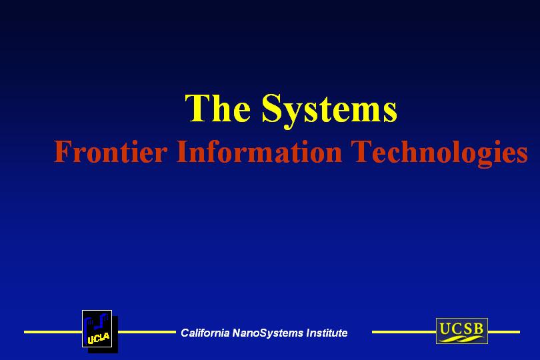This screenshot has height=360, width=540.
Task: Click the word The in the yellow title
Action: pyautogui.click(x=217, y=108)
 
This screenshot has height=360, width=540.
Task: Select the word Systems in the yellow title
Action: pyautogui.click(x=329, y=111)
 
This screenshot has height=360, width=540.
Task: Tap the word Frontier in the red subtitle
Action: pyautogui.click(x=111, y=151)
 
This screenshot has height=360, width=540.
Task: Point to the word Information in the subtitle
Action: pyautogui.click(x=259, y=151)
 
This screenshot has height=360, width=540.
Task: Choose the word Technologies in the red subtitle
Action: pyautogui.click(x=439, y=153)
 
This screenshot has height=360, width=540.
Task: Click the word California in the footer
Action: pyautogui.click(x=205, y=333)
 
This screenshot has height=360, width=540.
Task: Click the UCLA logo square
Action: pyautogui.click(x=97, y=329)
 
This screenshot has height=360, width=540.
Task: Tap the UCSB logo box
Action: pyautogui.click(x=462, y=331)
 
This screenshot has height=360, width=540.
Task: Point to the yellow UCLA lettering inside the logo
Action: pyautogui.click(x=99, y=339)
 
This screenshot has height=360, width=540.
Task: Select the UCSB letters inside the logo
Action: pyautogui.click(x=461, y=328)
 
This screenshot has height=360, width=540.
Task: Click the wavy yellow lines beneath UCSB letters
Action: pyautogui.click(x=461, y=339)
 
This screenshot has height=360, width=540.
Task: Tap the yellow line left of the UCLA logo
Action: pyautogui.click(x=53, y=332)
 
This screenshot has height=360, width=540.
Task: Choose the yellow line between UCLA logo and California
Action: pyautogui.click(x=147, y=332)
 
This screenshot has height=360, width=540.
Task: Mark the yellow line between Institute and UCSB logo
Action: pyautogui.click(x=404, y=332)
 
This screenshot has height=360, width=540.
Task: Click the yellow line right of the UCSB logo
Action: pyautogui.click(x=504, y=332)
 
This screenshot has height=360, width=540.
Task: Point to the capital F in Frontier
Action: pyautogui.click(x=63, y=151)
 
